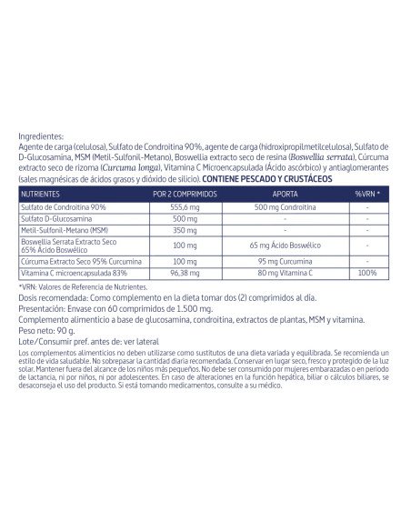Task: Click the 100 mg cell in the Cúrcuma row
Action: (x=185, y=261)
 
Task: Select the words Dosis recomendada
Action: (x=48, y=297)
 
